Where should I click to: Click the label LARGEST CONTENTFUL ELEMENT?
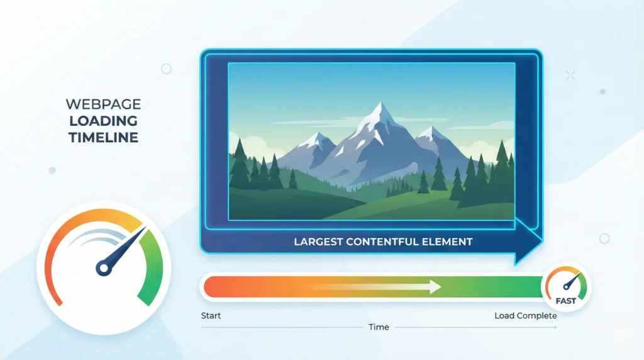[x=382, y=241]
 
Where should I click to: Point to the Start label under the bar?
[x=211, y=315]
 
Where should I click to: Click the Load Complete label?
[x=526, y=315]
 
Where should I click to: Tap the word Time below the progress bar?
[x=379, y=327]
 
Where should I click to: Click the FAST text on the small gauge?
[x=566, y=301]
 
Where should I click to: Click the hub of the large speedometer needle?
[x=104, y=269]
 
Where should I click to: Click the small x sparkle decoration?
[x=570, y=76]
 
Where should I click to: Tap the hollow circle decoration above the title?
[x=167, y=69]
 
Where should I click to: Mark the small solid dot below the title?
[x=52, y=170]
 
